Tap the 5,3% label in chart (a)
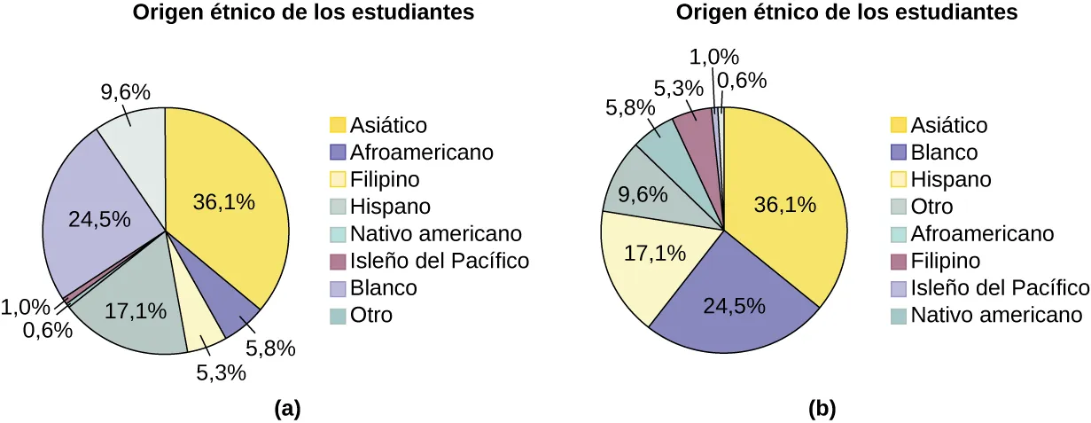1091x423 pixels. pyautogui.click(x=221, y=373)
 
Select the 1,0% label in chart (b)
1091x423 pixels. pyautogui.click(x=714, y=57)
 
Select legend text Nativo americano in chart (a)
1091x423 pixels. pyautogui.click(x=436, y=234)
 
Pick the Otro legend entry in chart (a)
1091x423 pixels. pyautogui.click(x=370, y=315)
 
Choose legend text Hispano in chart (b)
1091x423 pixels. pyautogui.click(x=951, y=179)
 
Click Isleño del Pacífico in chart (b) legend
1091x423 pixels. pyautogui.click(x=1000, y=287)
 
